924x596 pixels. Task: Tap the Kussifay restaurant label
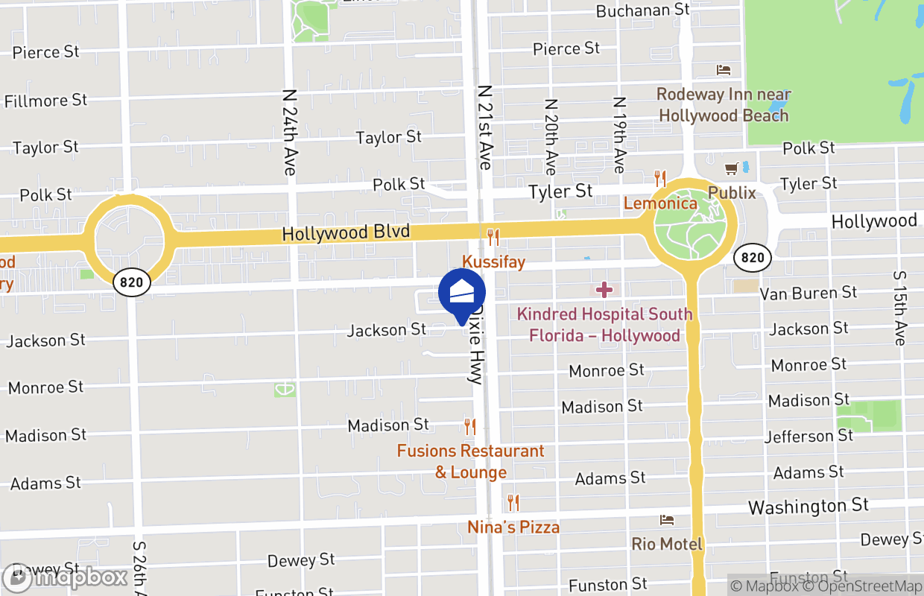pyautogui.click(x=493, y=262)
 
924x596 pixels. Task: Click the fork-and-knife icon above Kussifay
pyautogui.click(x=493, y=238)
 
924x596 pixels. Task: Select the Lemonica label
pyautogui.click(x=660, y=203)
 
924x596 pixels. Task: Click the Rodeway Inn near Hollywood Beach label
pyautogui.click(x=723, y=105)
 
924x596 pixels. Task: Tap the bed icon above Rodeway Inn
pyautogui.click(x=723, y=70)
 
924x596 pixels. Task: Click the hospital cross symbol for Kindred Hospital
pyautogui.click(x=604, y=289)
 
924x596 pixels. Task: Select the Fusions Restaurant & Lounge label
pyautogui.click(x=471, y=461)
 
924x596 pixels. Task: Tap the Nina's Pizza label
pyautogui.click(x=513, y=527)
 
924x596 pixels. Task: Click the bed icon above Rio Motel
pyautogui.click(x=667, y=520)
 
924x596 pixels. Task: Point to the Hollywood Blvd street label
pyautogui.click(x=346, y=233)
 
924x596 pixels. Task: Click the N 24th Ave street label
pyautogui.click(x=290, y=133)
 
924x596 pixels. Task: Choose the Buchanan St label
pyautogui.click(x=643, y=10)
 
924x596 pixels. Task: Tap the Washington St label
pyautogui.click(x=808, y=507)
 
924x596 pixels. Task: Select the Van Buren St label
pyautogui.click(x=808, y=294)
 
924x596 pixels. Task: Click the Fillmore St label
pyautogui.click(x=45, y=101)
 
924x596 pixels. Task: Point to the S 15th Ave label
pyautogui.click(x=899, y=307)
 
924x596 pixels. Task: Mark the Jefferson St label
pyautogui.click(x=808, y=436)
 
